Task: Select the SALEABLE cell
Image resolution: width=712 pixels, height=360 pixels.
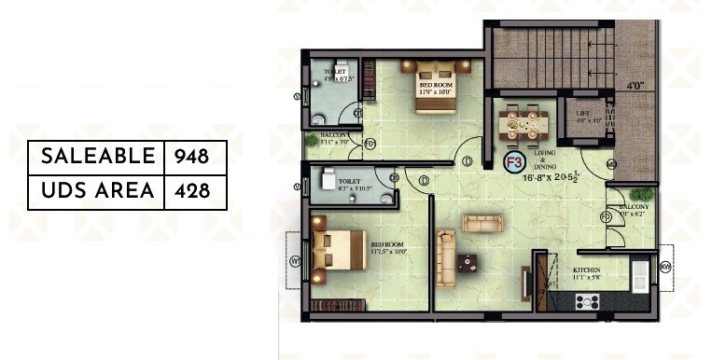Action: (x=96, y=156)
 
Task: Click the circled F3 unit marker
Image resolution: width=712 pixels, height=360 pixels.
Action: (x=512, y=161)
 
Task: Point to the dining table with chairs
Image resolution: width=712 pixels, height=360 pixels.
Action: (x=522, y=124)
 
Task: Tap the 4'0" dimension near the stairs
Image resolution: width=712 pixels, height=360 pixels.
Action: (x=636, y=86)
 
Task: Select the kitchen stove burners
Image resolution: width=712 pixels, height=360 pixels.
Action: (x=589, y=300)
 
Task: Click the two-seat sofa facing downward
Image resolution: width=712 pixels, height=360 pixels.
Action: (x=482, y=223)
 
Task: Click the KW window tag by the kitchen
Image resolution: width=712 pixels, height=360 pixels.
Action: (x=666, y=268)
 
